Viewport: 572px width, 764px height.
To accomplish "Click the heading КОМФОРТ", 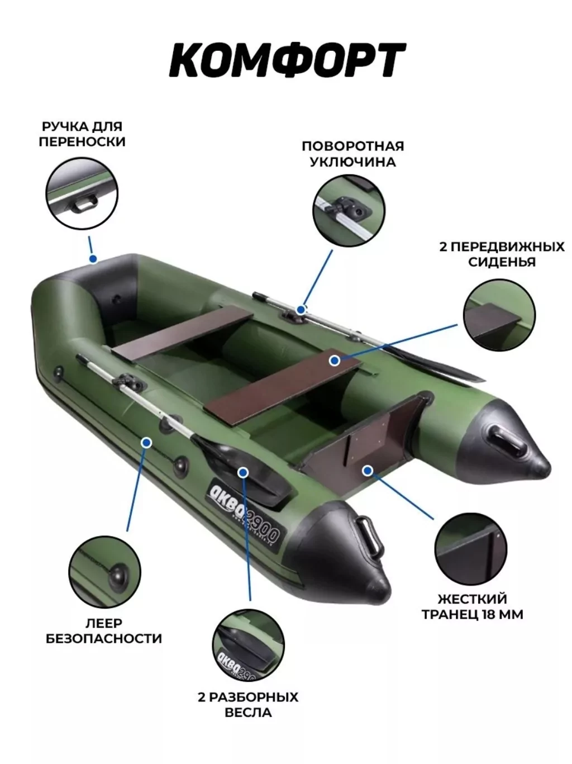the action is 287,60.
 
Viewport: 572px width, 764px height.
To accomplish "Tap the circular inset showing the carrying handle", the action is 82,193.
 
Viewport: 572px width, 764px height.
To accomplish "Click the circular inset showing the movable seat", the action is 499,315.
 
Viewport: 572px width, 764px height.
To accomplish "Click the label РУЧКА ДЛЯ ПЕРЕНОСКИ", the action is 82,134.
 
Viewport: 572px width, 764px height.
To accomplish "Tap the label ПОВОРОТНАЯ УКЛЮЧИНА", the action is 352,154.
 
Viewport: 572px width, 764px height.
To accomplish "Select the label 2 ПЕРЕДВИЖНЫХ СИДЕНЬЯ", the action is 502,254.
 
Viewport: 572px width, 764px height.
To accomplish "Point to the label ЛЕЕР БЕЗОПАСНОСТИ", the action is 104,630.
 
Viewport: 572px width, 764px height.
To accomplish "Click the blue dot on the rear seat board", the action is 335,360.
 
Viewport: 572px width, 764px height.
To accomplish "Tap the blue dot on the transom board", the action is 368,471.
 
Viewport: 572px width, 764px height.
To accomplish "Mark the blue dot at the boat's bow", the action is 93,259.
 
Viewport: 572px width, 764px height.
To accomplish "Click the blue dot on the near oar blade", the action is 243,472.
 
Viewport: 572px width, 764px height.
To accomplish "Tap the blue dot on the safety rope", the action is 147,443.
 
